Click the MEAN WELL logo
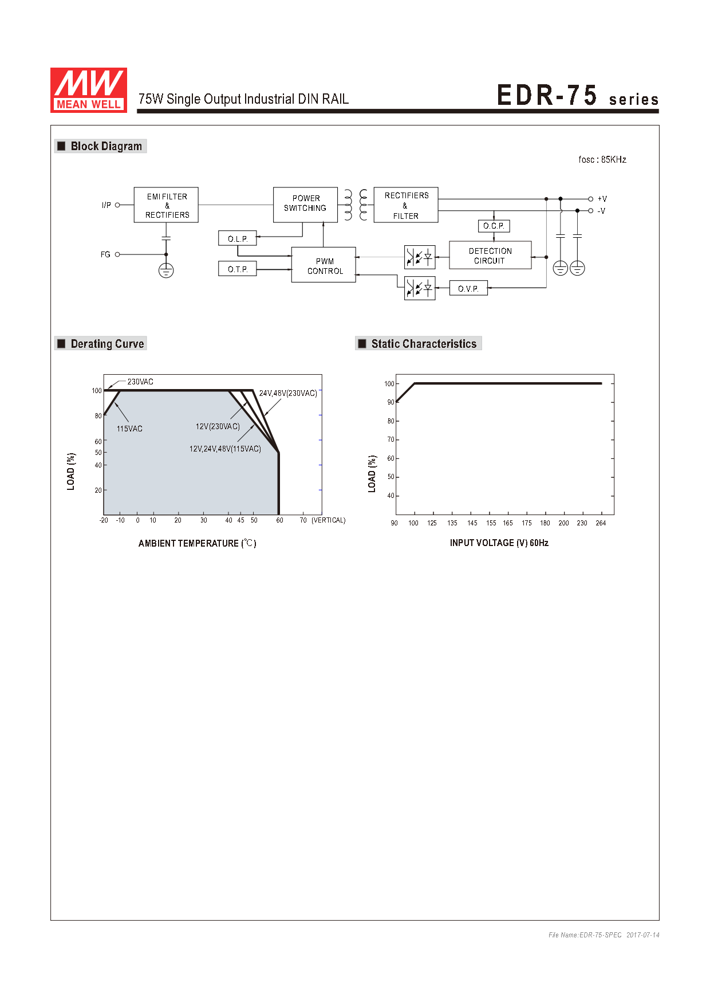click(x=89, y=90)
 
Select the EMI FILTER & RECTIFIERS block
click(x=166, y=205)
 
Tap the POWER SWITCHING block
click(x=305, y=205)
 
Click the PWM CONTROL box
click(x=324, y=265)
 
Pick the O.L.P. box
click(x=238, y=238)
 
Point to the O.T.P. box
click(x=238, y=269)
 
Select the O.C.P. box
click(x=494, y=226)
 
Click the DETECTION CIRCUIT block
click(x=490, y=256)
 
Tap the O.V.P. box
click(x=468, y=288)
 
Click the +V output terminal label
click(x=602, y=199)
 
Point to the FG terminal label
click(x=105, y=254)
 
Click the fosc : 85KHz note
click(x=602, y=159)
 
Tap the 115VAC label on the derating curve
click(x=129, y=429)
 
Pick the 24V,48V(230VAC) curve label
click(x=288, y=393)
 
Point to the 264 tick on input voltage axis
click(x=601, y=523)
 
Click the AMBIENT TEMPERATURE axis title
click(x=197, y=543)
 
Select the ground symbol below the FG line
click(x=166, y=270)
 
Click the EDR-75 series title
click(x=578, y=95)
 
